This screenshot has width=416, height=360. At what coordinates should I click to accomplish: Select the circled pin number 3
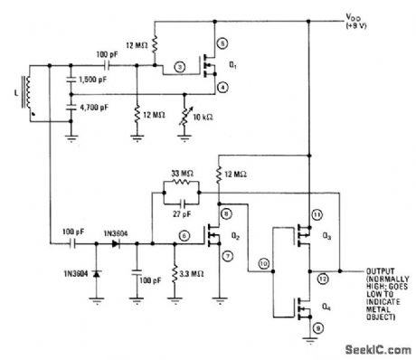click(180, 66)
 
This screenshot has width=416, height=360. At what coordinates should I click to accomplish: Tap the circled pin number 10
click(262, 263)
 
